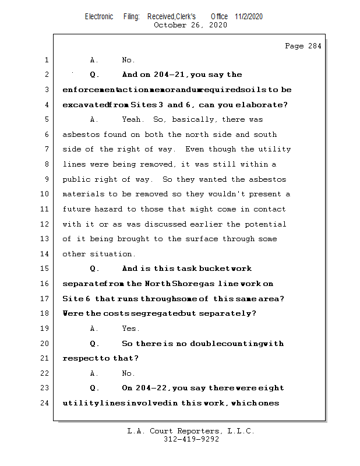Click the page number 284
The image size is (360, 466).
pyautogui.click(x=312, y=46)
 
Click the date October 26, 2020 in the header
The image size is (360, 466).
pyautogui.click(x=190, y=25)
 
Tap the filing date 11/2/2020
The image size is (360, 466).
pyautogui.click(x=249, y=17)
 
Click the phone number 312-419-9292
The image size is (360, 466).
pyautogui.click(x=191, y=440)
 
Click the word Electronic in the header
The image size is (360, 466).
pyautogui.click(x=99, y=17)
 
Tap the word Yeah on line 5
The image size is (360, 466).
pyautogui.click(x=133, y=119)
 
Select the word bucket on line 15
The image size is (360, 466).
pyautogui.click(x=215, y=269)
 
